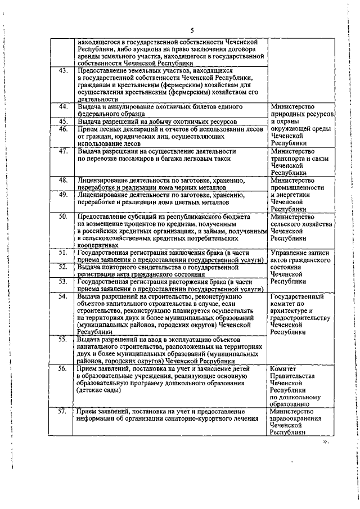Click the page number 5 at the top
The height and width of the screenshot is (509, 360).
[x=192, y=30]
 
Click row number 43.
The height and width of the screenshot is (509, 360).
[x=64, y=71]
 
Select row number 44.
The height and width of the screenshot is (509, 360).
[x=64, y=107]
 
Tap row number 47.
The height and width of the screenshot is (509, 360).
[x=64, y=151]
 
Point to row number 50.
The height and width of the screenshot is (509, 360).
[x=64, y=216]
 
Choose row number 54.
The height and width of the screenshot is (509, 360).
[x=64, y=296]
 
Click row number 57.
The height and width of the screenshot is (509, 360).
[x=64, y=412]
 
